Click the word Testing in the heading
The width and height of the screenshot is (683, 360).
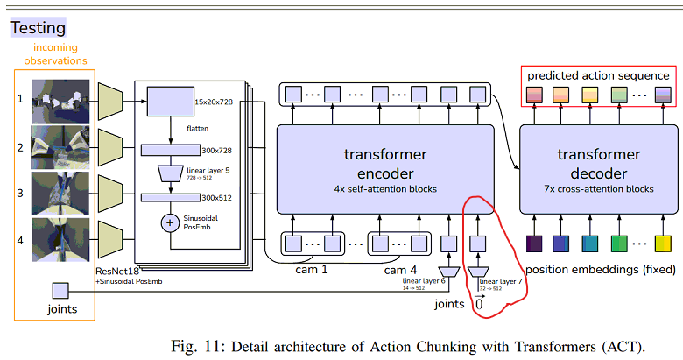[38, 28]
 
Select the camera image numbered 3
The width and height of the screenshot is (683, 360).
[59, 193]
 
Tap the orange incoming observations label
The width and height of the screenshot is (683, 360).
[60, 54]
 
